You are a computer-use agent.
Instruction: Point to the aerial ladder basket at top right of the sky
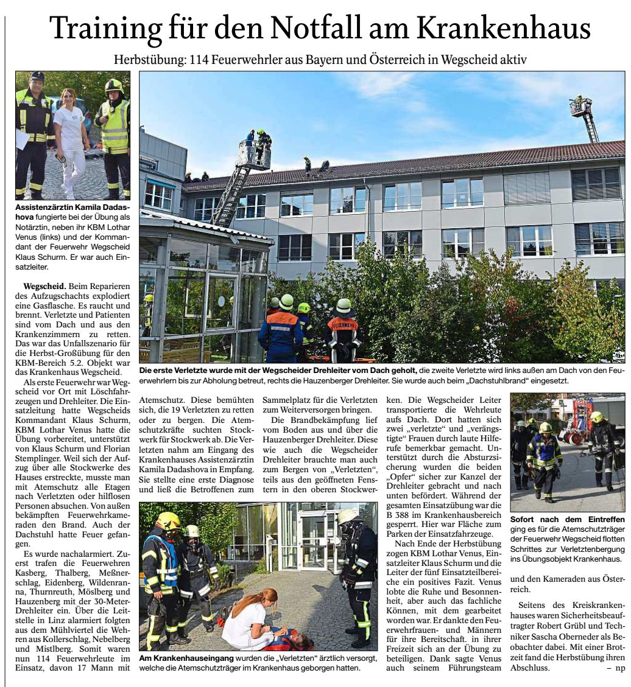pyautogui.click(x=580, y=107)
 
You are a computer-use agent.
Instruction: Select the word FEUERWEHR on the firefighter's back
pyautogui.click(x=342, y=324)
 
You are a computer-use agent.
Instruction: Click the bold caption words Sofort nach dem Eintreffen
pyautogui.click(x=567, y=520)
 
